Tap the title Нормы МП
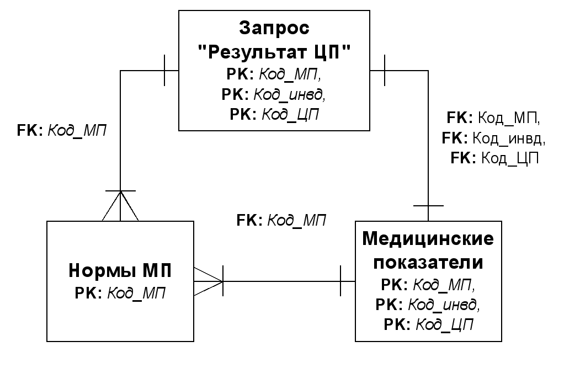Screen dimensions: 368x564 (120, 270)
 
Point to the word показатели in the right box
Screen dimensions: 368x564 (428, 262)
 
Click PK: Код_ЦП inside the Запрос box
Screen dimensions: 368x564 (274, 114)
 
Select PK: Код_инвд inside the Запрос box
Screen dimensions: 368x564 (274, 94)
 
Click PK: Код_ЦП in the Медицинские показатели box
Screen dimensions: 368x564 (428, 324)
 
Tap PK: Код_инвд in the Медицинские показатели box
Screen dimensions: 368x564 (428, 305)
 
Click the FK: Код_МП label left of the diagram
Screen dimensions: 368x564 (62, 131)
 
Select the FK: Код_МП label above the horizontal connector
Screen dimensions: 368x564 (281, 220)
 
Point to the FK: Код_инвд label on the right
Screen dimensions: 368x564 (493, 138)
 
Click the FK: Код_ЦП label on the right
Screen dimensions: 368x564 (494, 158)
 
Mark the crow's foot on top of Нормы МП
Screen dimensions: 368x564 (120, 205)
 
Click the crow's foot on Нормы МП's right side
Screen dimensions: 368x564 (209, 281)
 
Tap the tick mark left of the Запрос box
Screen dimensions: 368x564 (165, 70)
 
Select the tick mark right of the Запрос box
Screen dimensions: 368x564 (384, 70)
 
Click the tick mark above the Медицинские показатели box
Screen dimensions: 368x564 (428, 206)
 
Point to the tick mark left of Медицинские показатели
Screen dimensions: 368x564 (340, 281)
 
